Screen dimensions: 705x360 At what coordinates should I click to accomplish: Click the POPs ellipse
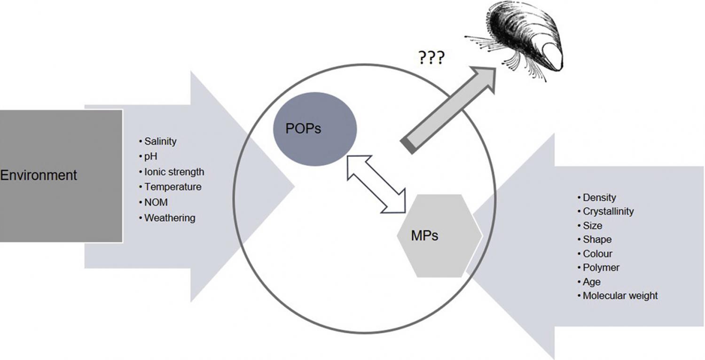coord(315,129)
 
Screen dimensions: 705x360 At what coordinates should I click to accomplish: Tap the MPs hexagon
coord(439,236)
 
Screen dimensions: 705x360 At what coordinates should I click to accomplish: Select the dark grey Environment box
coord(61,176)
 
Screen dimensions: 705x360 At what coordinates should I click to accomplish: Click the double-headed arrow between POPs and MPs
coord(376,184)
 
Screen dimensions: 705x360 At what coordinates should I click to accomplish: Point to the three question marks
coord(431,58)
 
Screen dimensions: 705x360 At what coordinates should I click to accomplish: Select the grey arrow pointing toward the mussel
coord(448,110)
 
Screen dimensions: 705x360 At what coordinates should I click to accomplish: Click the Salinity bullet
coord(157,141)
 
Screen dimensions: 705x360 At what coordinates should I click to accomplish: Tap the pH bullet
coord(148,157)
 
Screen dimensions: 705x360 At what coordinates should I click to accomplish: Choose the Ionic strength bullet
coord(172,172)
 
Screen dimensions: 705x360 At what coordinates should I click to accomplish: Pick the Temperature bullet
coord(170,187)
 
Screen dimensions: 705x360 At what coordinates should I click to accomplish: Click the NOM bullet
coord(153,203)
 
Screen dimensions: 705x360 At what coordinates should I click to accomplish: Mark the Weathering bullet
coord(167,218)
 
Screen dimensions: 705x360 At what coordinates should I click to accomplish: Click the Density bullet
coord(597,197)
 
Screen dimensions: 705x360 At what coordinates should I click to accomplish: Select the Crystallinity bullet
coord(605,211)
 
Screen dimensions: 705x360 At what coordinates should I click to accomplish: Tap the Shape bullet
coord(595,240)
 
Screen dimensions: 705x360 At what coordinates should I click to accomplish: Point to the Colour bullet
coord(595,254)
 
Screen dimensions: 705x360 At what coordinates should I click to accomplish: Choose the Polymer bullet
coord(598,268)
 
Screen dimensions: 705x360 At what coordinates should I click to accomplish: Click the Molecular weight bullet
coord(618,296)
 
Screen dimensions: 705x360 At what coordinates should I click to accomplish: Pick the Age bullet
coord(589,282)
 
